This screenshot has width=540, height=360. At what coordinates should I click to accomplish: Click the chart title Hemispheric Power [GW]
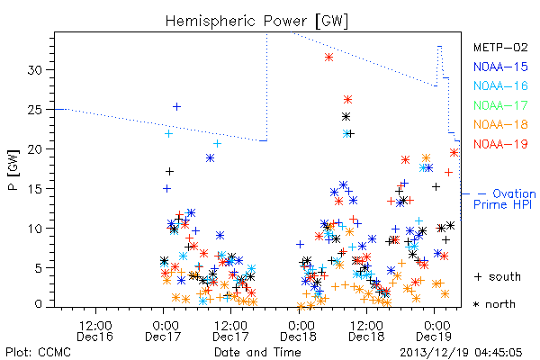[x=256, y=22]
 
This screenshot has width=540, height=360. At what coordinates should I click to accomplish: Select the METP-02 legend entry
[x=500, y=47]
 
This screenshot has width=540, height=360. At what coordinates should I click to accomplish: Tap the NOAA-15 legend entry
[x=500, y=67]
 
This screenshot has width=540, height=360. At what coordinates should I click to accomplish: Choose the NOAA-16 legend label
[x=500, y=85]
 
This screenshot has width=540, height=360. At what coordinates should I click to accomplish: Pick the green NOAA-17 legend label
[x=500, y=105]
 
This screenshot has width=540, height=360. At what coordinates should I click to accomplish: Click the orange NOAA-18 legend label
[x=500, y=124]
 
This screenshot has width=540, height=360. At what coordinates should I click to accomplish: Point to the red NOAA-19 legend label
[x=500, y=144]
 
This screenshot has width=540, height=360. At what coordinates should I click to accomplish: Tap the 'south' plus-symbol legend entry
[x=498, y=276]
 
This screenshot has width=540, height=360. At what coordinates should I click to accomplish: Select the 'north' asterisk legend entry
[x=494, y=304]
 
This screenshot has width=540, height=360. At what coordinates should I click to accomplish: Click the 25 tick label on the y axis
[x=34, y=110]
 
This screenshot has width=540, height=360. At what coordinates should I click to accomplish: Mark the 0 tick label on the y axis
[x=38, y=304]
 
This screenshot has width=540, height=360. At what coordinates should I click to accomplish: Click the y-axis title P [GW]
[x=13, y=170]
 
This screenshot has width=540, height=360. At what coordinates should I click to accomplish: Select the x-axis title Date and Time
[x=257, y=352]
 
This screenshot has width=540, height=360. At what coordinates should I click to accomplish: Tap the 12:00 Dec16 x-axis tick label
[x=95, y=331]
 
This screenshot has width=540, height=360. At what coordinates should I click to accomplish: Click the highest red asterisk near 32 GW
[x=328, y=58]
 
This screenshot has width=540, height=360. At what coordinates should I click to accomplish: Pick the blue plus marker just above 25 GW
[x=176, y=106]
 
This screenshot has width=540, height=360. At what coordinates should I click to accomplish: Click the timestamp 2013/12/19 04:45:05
[x=461, y=353]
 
